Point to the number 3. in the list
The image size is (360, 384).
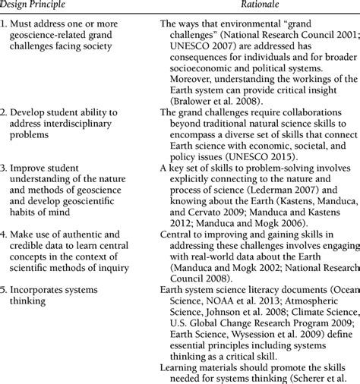pos(5,186)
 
